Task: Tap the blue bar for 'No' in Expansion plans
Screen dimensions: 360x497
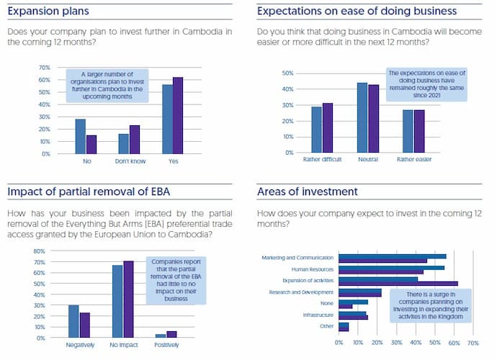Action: pos(81,136)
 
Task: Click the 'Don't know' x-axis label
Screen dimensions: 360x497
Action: pos(130,161)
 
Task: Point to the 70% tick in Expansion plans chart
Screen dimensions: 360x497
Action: pos(44,68)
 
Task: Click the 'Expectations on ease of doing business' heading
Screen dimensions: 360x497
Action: pos(357,11)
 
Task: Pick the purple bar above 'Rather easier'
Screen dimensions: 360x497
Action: pos(420,131)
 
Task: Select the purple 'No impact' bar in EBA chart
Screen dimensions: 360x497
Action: pos(129,299)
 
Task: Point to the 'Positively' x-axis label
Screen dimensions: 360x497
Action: pos(166,345)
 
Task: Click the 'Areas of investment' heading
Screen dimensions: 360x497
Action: pos(307,192)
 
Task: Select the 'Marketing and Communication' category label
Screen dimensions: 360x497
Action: pos(298,256)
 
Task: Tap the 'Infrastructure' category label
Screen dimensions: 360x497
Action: pos(317,315)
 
